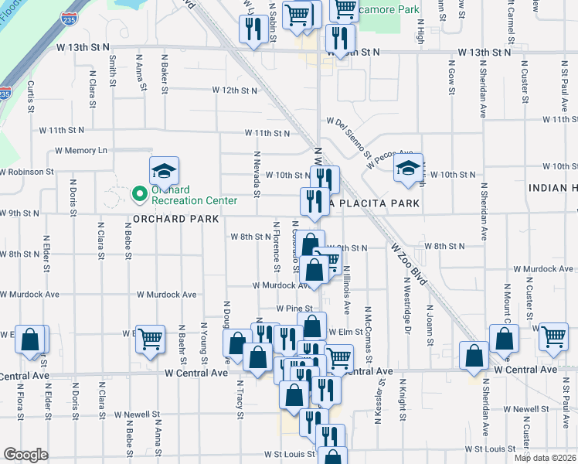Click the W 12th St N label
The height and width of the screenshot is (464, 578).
click(235, 90)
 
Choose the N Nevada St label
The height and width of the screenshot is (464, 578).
click(256, 174)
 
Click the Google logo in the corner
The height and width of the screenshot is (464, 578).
click(26, 455)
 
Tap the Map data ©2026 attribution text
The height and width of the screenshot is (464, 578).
click(545, 458)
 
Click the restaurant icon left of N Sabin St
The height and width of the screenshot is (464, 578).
click(253, 31)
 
